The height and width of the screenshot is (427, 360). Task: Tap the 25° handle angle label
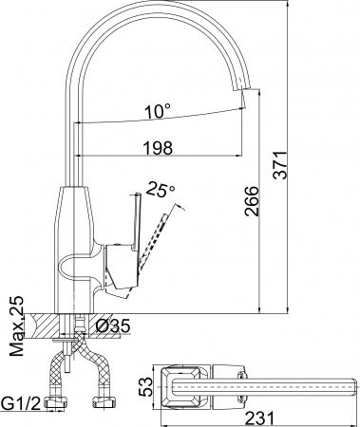pyautogui.click(x=163, y=191)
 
